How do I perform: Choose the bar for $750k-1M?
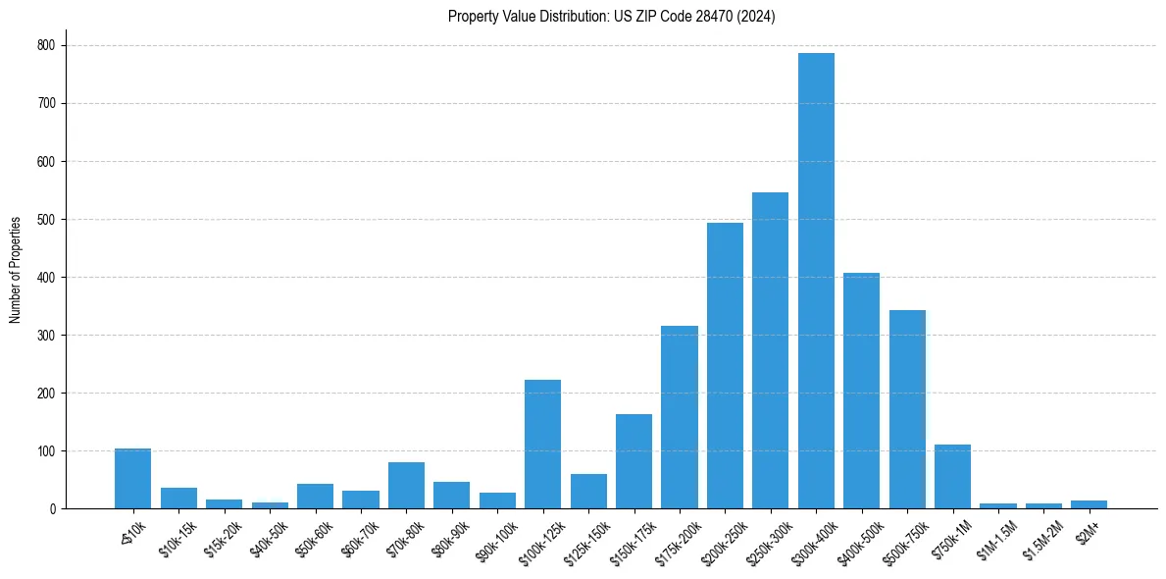[952, 477]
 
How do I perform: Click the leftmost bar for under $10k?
[132, 479]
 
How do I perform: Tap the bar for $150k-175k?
[634, 461]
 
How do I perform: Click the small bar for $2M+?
[1089, 504]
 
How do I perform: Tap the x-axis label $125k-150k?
[587, 543]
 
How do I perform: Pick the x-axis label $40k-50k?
[269, 539]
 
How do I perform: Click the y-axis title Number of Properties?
[16, 270]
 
